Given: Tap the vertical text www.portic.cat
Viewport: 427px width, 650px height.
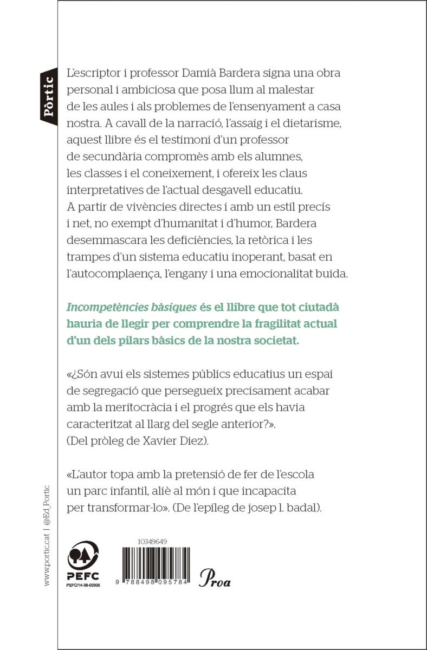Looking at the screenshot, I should [x=47, y=561].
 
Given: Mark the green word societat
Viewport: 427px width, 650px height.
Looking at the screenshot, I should [x=269, y=342].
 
